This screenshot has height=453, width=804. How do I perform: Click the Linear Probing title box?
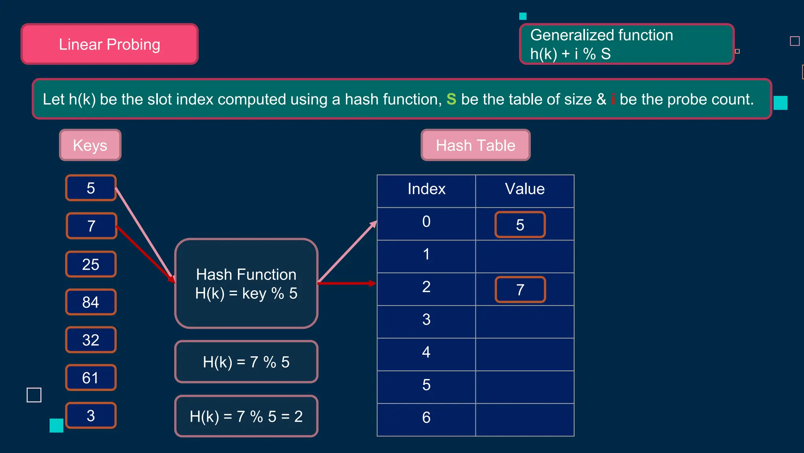pos(110,44)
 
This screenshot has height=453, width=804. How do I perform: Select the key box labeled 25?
pos(91,264)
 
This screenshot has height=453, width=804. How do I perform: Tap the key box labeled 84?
pos(91,302)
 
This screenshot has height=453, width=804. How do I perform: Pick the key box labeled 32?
pos(91,340)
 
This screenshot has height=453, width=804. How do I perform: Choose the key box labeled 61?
pos(91,377)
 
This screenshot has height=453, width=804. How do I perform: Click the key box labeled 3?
pos(91,416)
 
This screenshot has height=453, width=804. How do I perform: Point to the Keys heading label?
pos(90,145)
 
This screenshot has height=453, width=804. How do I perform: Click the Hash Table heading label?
pos(475,145)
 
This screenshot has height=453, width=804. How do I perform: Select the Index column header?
pos(426,189)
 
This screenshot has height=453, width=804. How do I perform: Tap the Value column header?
pos(524,189)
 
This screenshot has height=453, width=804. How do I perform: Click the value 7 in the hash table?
pos(520,290)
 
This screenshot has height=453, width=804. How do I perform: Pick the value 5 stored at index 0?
pos(520,225)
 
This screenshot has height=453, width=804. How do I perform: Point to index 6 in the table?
pos(426,418)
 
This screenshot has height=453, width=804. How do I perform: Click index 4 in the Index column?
pos(426,352)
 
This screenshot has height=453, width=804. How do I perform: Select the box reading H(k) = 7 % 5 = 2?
pos(246,416)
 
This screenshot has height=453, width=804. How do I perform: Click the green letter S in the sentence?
pos(451,99)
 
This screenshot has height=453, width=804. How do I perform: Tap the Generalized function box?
pos(627,44)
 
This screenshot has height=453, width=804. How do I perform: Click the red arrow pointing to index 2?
pos(347,283)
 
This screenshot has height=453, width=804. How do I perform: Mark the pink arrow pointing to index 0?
pos(348,252)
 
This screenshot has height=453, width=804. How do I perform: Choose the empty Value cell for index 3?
pos(524,322)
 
